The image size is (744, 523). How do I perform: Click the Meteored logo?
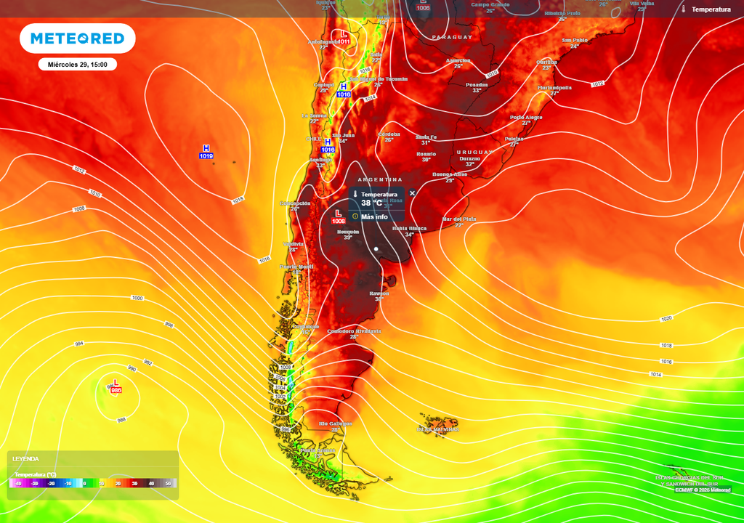point(77,38)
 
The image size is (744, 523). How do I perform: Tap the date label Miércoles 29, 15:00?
point(77,65)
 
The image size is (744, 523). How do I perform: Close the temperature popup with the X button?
point(412,193)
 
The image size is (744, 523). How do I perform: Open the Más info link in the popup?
point(375,216)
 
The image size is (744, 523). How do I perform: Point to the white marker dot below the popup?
point(376,249)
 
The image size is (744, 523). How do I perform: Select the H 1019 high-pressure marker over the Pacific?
point(206,152)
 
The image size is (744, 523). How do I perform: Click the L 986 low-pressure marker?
point(116,386)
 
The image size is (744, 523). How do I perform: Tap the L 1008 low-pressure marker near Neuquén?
point(338,216)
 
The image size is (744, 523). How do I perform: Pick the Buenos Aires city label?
point(450,174)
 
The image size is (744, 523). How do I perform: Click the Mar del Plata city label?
point(459,219)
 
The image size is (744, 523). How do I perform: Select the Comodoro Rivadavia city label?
point(354,331)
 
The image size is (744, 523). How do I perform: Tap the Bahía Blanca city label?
point(409,228)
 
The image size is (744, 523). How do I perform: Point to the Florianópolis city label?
point(554,88)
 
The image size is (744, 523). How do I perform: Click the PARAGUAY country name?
point(452,37)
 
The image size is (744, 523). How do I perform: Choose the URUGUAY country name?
point(469,152)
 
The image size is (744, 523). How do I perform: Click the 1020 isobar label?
point(666,319)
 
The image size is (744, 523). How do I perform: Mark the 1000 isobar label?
point(137,299)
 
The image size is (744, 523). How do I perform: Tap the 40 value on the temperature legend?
point(151,483)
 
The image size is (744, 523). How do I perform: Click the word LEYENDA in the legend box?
point(25,459)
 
